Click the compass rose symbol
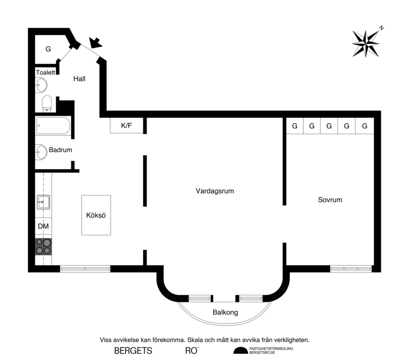[365, 43]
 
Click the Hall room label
[79, 79]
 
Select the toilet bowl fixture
[47, 103]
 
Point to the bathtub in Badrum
[53, 126]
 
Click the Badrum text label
[60, 150]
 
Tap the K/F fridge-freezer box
[126, 126]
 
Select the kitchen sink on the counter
[43, 202]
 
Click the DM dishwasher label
[43, 226]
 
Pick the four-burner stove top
[43, 246]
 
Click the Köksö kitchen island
[96, 215]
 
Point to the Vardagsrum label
[214, 191]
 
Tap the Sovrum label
[330, 200]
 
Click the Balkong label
[225, 313]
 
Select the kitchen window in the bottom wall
[85, 269]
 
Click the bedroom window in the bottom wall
[351, 269]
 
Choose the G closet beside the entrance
[48, 49]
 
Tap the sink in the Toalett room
[41, 85]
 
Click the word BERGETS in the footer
[133, 351]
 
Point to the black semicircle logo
[240, 351]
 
